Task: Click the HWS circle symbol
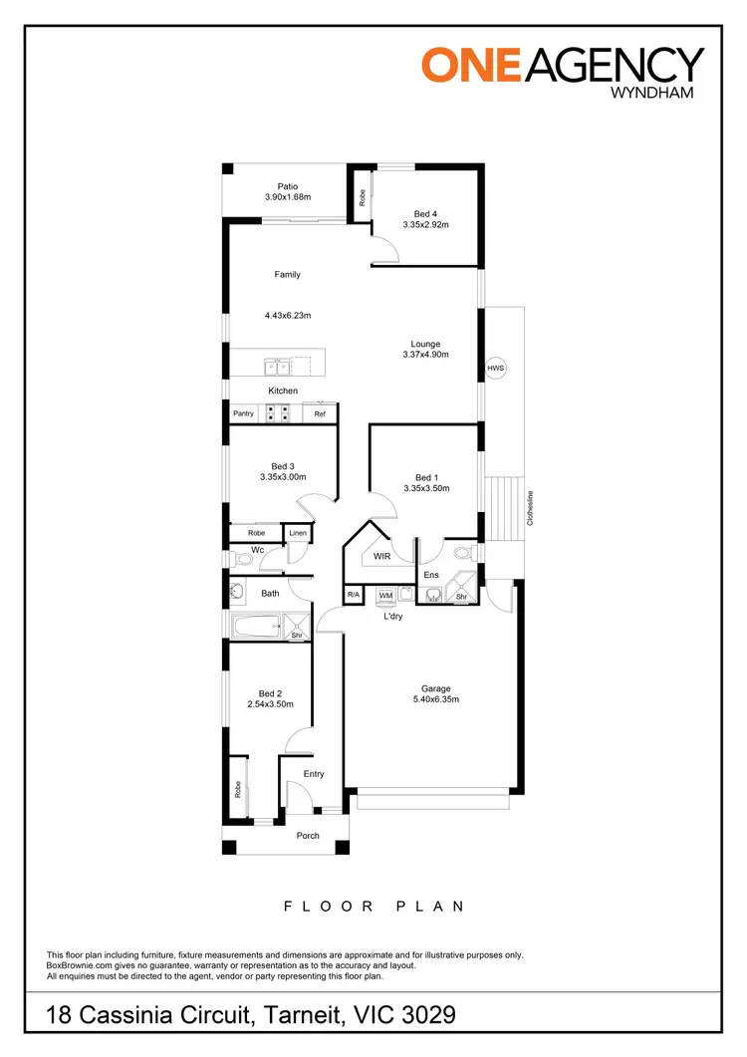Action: click(496, 369)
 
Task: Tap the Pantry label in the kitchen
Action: click(244, 413)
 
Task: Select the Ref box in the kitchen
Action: click(320, 413)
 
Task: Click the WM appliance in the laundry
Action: click(386, 595)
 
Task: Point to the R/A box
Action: click(353, 595)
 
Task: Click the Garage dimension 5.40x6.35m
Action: click(436, 700)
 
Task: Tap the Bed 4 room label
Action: click(425, 213)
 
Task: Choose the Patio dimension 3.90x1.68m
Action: click(288, 197)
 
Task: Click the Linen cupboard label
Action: click(298, 534)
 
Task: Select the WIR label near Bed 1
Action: click(381, 557)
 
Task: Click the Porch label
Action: click(309, 835)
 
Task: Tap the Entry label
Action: click(315, 774)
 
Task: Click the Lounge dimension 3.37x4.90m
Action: click(426, 355)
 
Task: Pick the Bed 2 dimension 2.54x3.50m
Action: click(271, 705)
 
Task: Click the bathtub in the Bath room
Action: click(257, 629)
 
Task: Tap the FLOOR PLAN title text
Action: click(373, 907)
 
